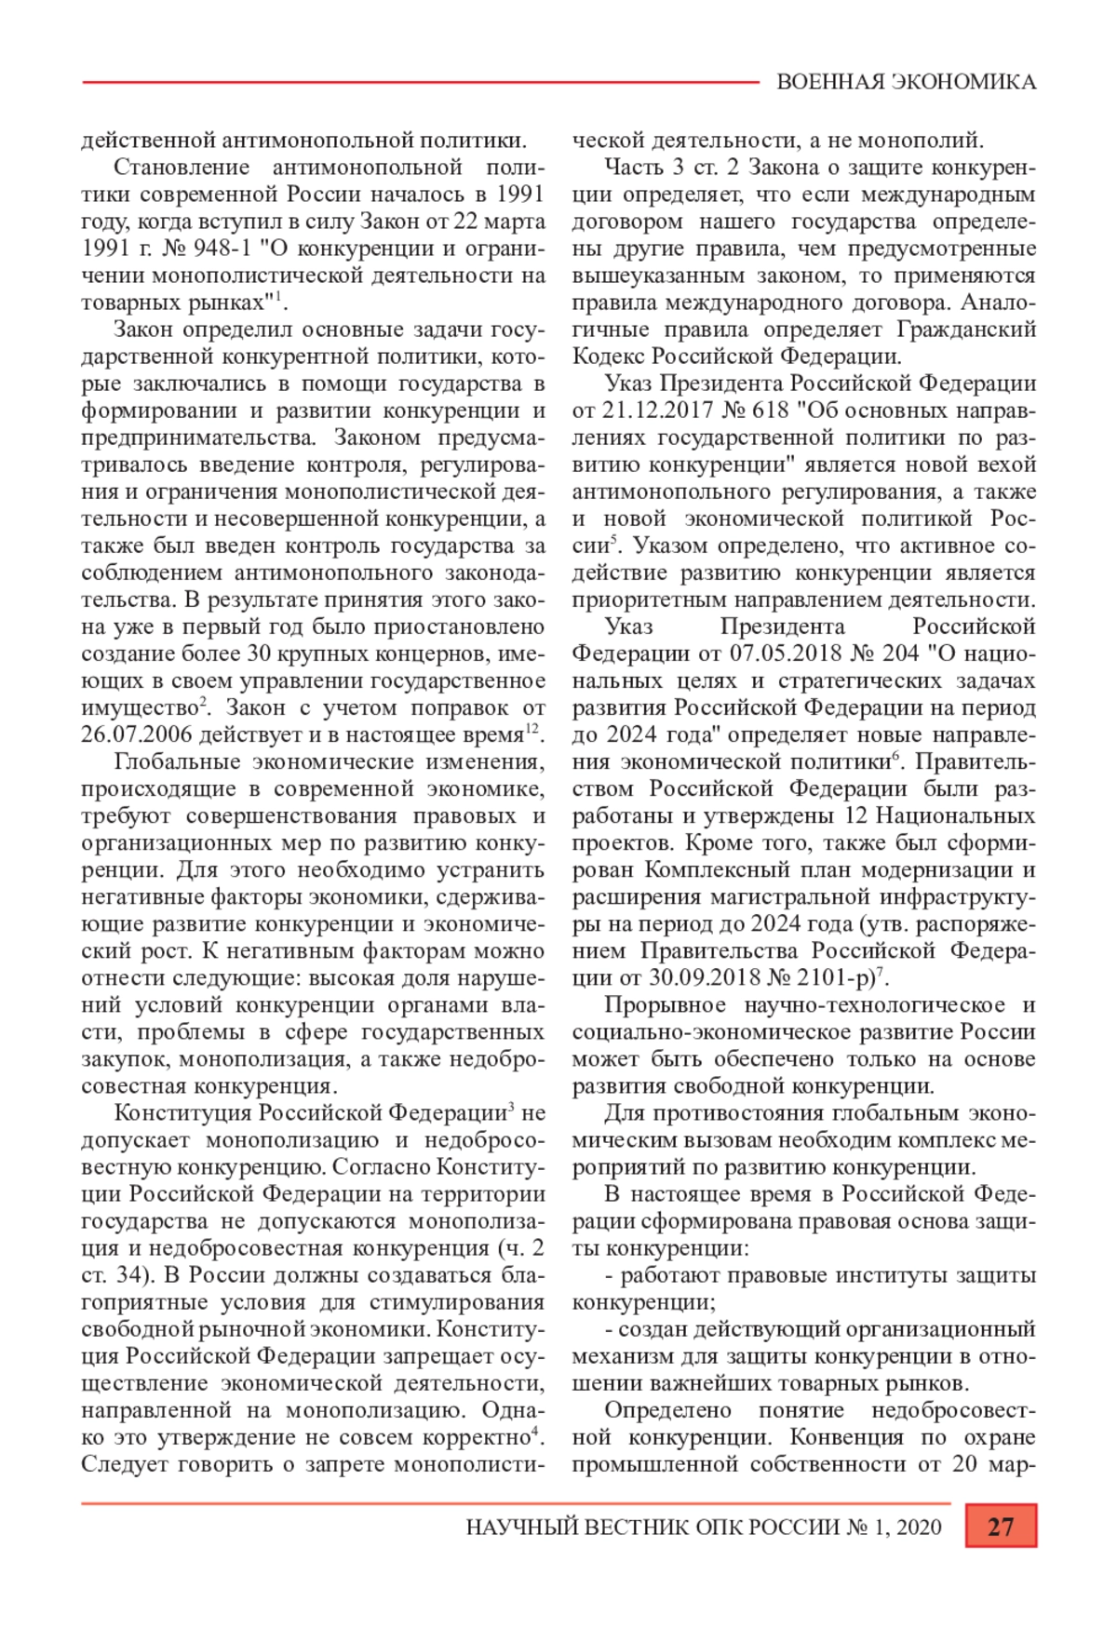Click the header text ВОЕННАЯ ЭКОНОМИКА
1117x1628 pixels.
point(906,82)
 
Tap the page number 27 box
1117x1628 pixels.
point(1001,1527)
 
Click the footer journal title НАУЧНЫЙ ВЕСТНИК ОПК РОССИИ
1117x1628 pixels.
point(653,1527)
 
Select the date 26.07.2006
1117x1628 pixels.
point(137,734)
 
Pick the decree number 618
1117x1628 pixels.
point(770,410)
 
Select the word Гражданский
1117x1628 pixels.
point(966,330)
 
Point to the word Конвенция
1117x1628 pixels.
point(846,1437)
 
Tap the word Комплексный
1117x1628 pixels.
point(714,870)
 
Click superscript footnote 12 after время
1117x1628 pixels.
point(532,730)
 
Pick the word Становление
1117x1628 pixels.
point(182,168)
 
